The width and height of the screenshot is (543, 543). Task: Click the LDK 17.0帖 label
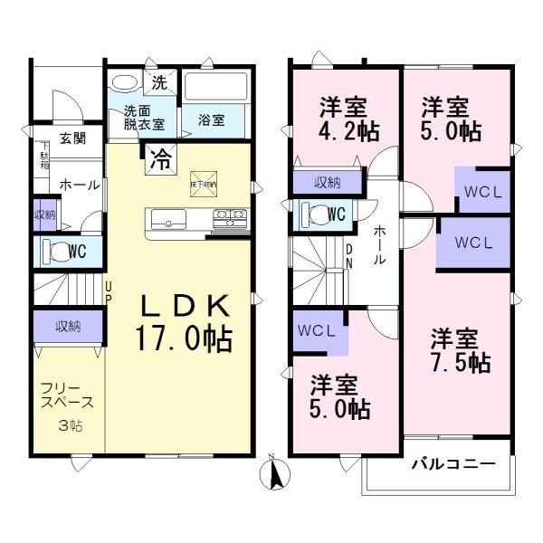click(x=184, y=322)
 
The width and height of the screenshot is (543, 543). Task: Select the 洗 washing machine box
click(x=159, y=83)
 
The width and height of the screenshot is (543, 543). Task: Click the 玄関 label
click(x=73, y=138)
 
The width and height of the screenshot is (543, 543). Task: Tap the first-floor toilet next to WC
click(x=56, y=251)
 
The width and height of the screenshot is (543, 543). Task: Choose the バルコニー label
click(x=453, y=464)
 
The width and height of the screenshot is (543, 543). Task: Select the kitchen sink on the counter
click(x=168, y=219)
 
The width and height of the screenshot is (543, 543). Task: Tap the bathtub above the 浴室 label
click(x=215, y=89)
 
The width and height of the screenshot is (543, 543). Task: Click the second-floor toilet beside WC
click(x=315, y=214)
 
